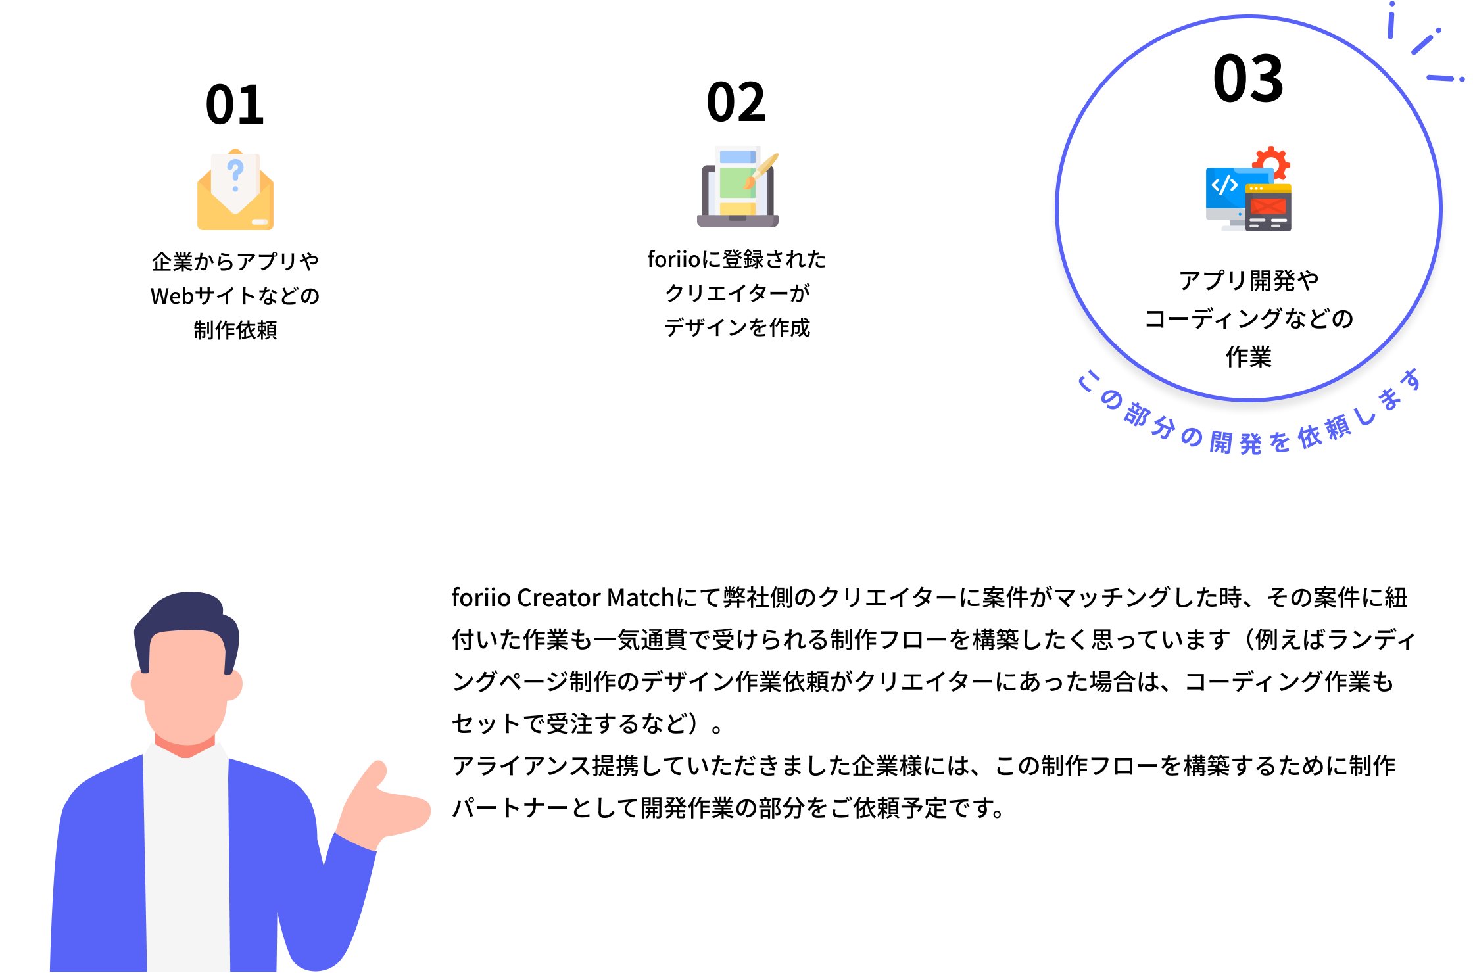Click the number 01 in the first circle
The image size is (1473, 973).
235,105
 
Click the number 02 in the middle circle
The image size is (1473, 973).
736,103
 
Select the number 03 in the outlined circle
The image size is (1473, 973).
1248,79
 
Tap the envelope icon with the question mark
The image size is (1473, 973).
235,191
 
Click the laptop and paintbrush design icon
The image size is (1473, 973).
738,187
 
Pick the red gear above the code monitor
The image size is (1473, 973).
1271,162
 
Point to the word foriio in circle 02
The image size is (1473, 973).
674,260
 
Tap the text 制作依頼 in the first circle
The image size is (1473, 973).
235,330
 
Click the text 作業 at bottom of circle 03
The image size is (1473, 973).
1248,357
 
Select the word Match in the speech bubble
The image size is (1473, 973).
640,598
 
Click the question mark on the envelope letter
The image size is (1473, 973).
235,172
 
